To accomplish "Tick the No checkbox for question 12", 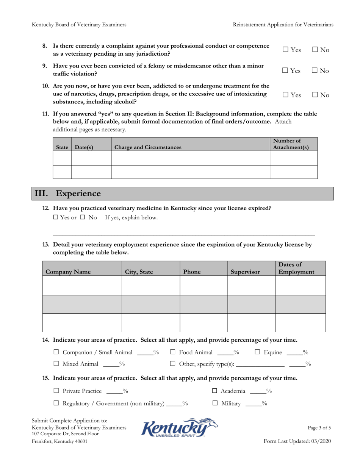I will (x=82, y=217).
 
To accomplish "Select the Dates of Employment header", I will (x=296, y=268).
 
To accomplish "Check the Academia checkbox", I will (x=214, y=391).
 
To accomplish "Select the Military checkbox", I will (x=214, y=404).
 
